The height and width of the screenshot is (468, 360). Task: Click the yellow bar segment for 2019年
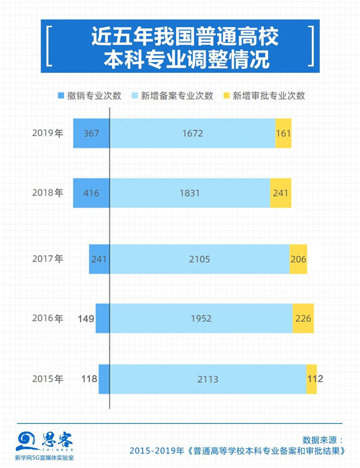pos(283,133)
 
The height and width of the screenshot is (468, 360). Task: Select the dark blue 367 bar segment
pos(91,133)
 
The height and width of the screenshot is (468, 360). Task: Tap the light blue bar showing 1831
pos(189,193)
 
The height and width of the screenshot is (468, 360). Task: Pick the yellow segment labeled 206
pos(298,259)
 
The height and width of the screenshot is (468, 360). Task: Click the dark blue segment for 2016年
pos(102,318)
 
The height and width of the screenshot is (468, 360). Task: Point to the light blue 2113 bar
pos(208,379)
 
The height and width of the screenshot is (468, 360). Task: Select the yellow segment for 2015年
pos(311,379)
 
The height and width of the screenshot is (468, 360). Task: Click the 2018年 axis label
pos(48,193)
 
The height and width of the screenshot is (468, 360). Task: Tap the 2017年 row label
pos(48,259)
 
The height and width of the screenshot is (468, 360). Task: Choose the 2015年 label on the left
pos(48,379)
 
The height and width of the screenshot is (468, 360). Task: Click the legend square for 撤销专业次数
pos(61,95)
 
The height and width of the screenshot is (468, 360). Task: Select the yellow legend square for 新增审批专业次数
pos(227,95)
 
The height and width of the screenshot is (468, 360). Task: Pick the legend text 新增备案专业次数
pos(177,95)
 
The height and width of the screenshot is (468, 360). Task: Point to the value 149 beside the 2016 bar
pos(86,318)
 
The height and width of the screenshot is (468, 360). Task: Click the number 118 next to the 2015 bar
pos(89,379)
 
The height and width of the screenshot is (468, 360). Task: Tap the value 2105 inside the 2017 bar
pos(199,259)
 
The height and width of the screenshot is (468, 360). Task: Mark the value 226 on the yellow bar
pos(304,318)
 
